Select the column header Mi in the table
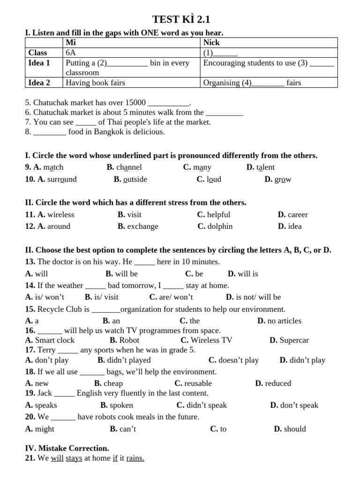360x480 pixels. point(71,43)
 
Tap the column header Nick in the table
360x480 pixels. point(211,43)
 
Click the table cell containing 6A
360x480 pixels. point(71,53)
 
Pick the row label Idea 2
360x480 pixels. point(39,83)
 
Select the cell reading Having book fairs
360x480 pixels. point(96,83)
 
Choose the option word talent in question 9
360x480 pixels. point(266,167)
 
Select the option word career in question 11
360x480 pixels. point(298,215)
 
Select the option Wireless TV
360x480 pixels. point(211,340)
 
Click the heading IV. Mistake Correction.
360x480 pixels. point(67,449)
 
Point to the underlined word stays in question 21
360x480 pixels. point(74,458)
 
